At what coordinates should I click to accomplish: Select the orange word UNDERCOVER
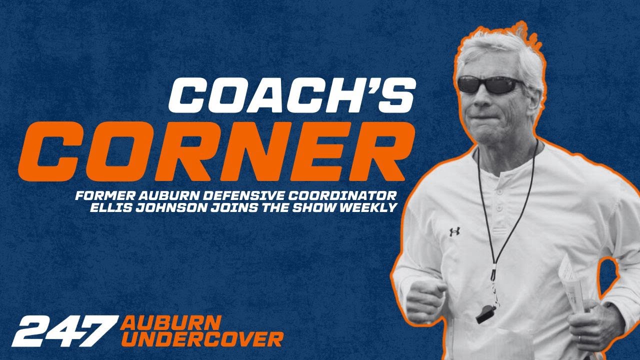pyautogui.click(x=202, y=339)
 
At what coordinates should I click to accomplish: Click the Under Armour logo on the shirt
pyautogui.click(x=454, y=231)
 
